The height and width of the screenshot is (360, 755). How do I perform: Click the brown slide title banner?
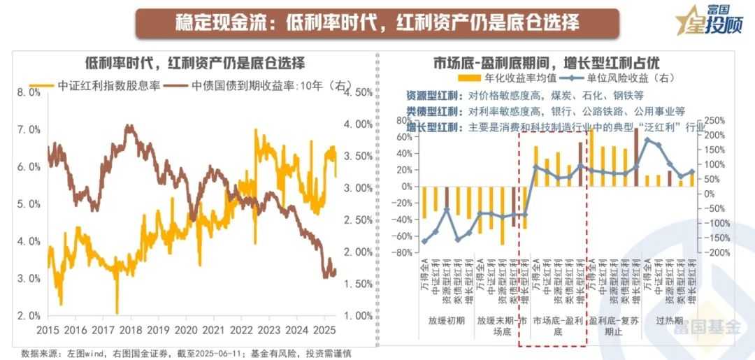coord(377,22)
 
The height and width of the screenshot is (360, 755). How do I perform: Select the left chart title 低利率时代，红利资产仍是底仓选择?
coord(195,64)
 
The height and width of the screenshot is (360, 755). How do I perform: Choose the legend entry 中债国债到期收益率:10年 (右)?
coord(261,86)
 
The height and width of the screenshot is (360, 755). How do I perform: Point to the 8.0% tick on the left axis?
coord(29,92)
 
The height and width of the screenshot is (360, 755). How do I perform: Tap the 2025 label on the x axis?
coord(323,329)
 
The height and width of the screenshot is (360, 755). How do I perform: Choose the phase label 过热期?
coord(669,321)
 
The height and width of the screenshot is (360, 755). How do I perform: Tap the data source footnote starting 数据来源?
coord(185,353)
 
